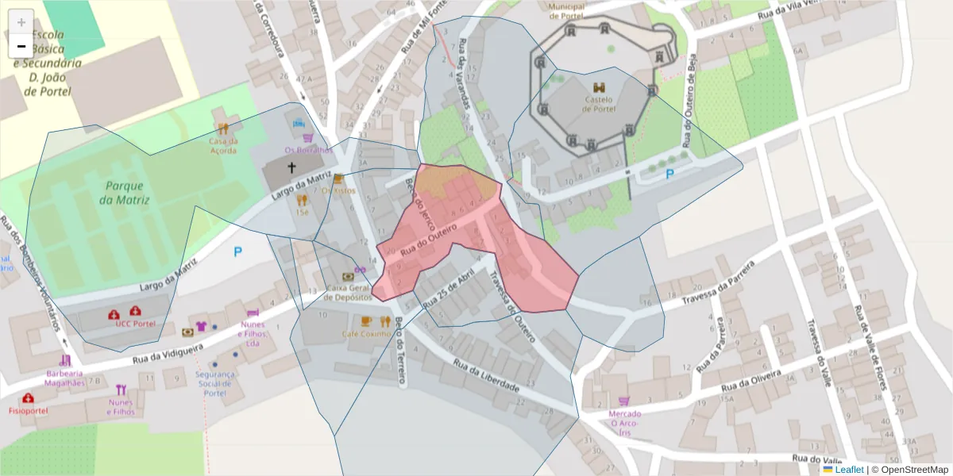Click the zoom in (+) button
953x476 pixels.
click(x=21, y=22)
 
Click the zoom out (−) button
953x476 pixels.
click(x=21, y=46)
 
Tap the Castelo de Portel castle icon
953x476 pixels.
click(x=599, y=87)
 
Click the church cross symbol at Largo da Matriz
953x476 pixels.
click(x=291, y=168)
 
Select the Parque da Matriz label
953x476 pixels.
click(x=125, y=193)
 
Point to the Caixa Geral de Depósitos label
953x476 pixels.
click(x=348, y=292)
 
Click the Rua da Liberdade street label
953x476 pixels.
click(x=486, y=375)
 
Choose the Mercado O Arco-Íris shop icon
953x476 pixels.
click(x=624, y=401)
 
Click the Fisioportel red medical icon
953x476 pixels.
click(x=29, y=398)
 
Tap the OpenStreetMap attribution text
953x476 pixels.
click(x=909, y=470)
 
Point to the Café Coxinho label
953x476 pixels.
click(x=366, y=334)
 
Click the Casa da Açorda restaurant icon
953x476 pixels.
click(x=224, y=129)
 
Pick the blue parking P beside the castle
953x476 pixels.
click(x=669, y=174)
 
